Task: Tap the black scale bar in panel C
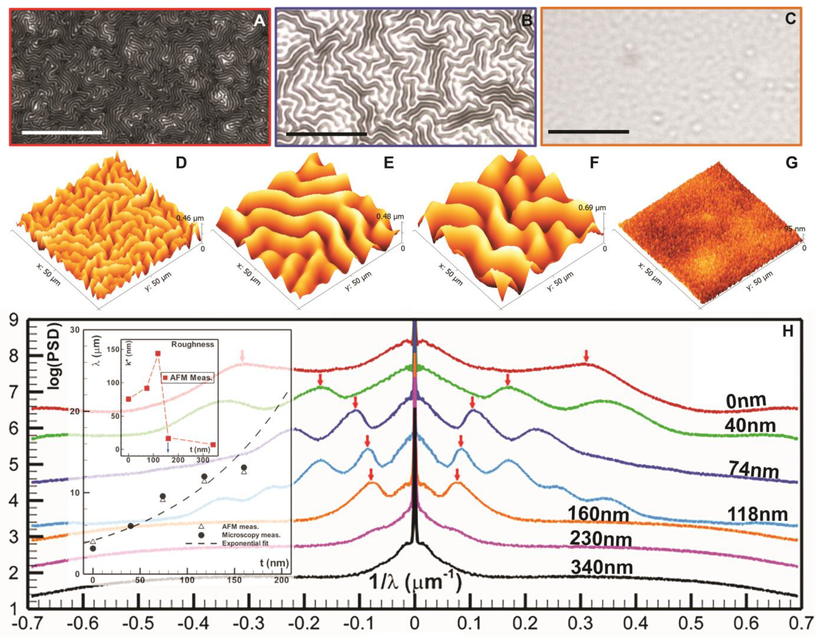[x=588, y=132]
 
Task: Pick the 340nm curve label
[x=602, y=568]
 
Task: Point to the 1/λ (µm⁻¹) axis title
[x=415, y=583]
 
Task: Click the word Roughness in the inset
[x=192, y=344]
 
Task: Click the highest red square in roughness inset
[x=158, y=354]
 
